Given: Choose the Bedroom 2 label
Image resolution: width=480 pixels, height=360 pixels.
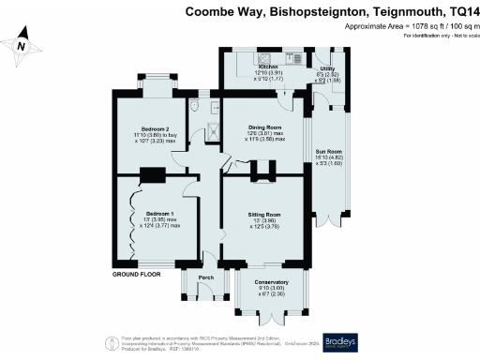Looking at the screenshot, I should pos(155,127).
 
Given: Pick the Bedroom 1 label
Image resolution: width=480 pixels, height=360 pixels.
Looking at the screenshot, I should pos(152,213).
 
